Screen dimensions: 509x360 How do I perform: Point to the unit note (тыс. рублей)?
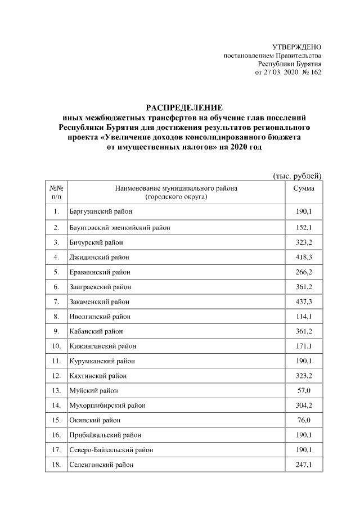[x=297, y=176]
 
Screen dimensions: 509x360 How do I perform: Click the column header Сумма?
[x=304, y=188]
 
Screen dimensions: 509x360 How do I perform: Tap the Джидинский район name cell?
[x=99, y=258]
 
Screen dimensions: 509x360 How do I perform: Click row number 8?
[x=56, y=317]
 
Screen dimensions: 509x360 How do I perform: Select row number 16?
[x=56, y=435]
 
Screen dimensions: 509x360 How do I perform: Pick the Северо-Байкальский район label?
[x=111, y=450]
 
